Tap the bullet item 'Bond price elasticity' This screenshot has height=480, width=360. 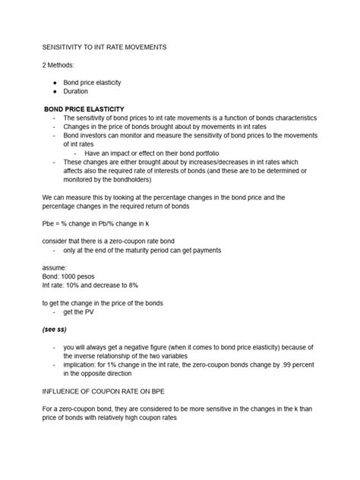[x=103, y=82]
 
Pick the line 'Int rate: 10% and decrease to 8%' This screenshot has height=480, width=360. [x=97, y=286]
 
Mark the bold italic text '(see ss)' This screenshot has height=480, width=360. [x=58, y=330]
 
